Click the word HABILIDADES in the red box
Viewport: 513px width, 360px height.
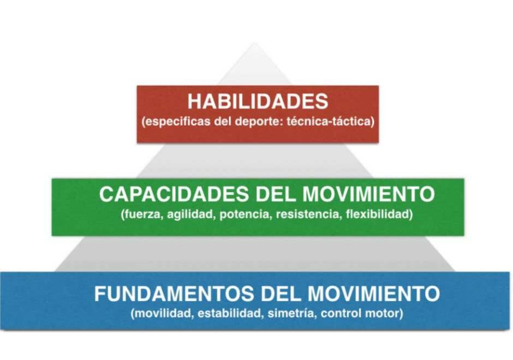click(258, 101)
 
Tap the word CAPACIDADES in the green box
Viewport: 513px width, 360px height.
click(174, 194)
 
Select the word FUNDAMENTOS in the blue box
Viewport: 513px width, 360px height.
click(174, 293)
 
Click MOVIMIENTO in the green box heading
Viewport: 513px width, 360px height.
click(368, 194)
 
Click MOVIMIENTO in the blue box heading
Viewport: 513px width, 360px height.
click(374, 293)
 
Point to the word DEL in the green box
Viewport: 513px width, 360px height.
click(276, 194)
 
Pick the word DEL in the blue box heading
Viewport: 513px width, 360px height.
click(281, 293)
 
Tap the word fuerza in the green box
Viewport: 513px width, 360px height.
click(142, 215)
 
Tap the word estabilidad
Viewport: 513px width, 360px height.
click(229, 314)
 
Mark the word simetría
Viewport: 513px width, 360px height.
click(291, 314)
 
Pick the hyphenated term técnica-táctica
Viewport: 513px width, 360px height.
click(329, 121)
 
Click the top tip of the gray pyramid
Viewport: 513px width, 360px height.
click(254, 43)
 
